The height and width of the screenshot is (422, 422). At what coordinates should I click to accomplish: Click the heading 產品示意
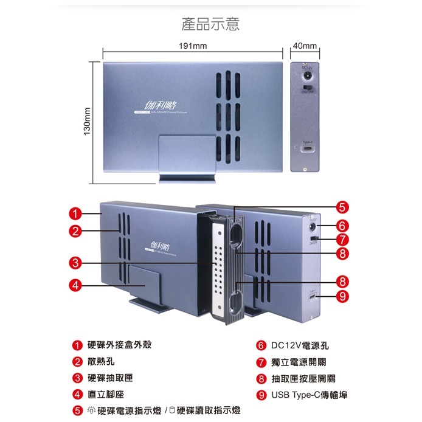click(x=210, y=24)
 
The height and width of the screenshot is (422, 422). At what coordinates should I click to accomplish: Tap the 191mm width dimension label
click(x=193, y=47)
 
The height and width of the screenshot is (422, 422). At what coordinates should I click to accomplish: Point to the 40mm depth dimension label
click(x=305, y=47)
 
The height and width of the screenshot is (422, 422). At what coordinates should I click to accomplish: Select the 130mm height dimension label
click(x=86, y=122)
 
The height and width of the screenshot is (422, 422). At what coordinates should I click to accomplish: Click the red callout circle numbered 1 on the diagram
click(x=75, y=213)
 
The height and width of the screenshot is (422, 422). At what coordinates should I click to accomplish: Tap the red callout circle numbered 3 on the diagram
click(x=75, y=263)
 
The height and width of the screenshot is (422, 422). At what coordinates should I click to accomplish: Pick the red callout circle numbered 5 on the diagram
click(x=343, y=206)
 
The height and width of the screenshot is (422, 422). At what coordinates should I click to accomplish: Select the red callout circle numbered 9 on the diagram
click(x=343, y=297)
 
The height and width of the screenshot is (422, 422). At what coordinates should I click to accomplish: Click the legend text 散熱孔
click(x=101, y=361)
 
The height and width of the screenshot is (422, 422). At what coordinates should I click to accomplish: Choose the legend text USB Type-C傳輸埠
click(x=310, y=395)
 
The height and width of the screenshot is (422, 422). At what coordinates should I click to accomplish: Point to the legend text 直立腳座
click(x=106, y=395)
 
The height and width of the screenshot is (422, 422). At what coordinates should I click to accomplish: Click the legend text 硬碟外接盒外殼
click(x=120, y=345)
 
